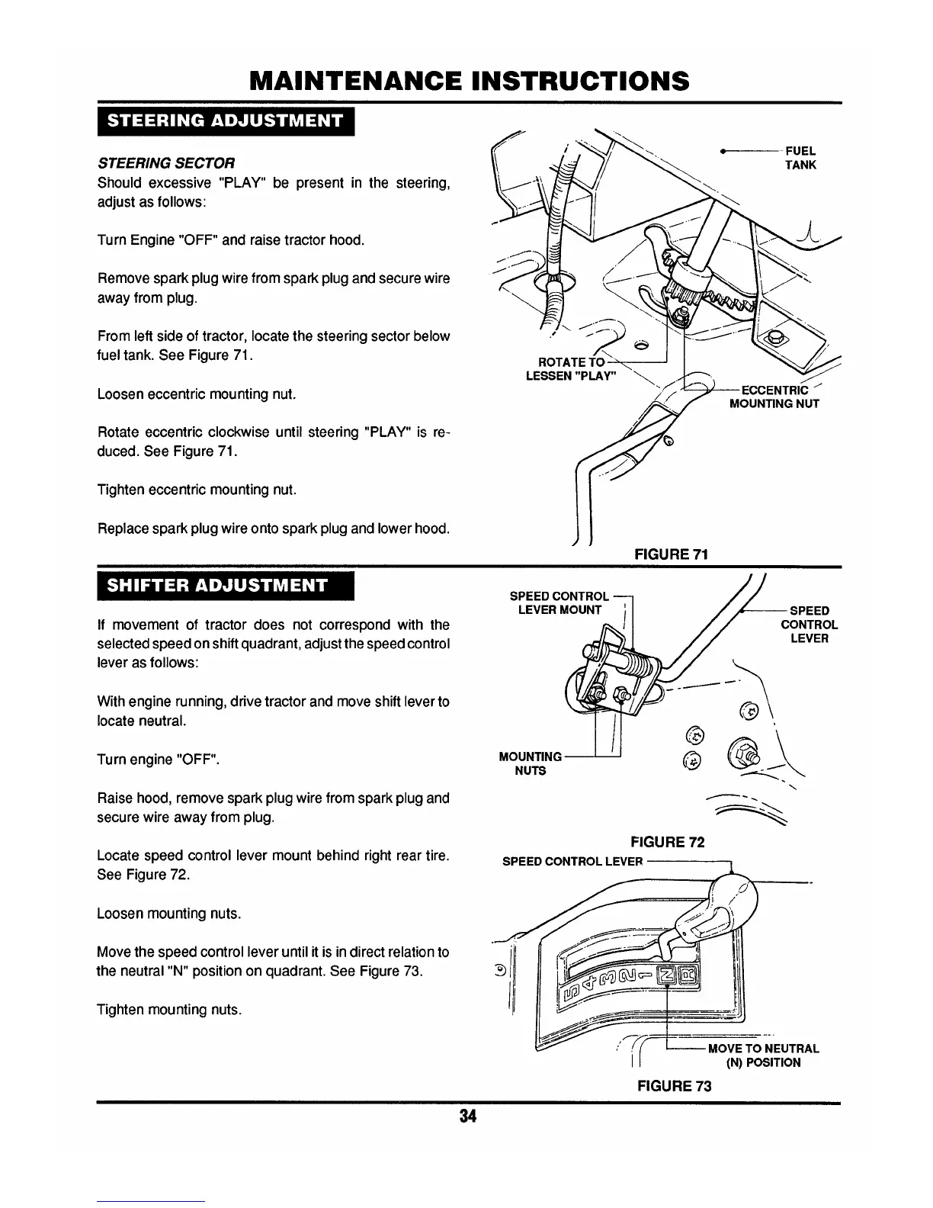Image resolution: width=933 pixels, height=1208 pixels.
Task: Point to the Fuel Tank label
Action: (x=800, y=158)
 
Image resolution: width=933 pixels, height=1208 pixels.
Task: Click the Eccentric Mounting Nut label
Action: (x=774, y=397)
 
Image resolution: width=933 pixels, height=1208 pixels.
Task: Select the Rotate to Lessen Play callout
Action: (x=572, y=368)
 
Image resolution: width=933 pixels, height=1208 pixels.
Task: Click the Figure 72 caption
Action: (x=667, y=842)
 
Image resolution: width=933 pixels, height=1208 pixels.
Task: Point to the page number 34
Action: (x=467, y=1116)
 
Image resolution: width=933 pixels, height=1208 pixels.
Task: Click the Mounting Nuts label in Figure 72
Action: (x=530, y=763)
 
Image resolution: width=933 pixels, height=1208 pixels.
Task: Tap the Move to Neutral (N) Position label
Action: (x=763, y=1055)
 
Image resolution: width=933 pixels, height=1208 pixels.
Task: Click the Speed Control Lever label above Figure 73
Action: (x=572, y=862)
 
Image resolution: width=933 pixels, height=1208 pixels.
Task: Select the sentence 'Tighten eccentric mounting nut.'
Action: (x=197, y=490)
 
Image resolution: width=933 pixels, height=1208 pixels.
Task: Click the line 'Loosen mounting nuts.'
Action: (x=169, y=914)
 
